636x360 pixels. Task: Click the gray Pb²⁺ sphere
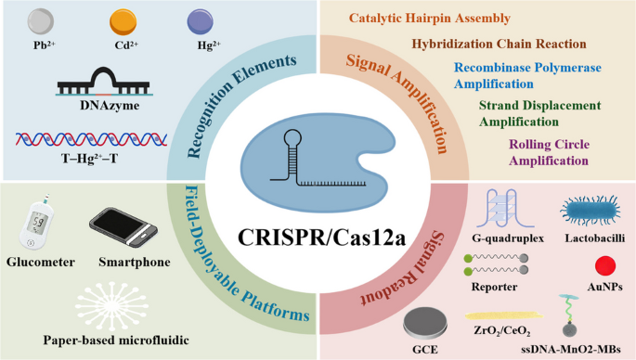tap(41, 22)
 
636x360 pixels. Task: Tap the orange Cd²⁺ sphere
tap(123, 22)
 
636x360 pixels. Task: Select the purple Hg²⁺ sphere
tap(200, 22)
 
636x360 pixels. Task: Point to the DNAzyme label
tap(110, 106)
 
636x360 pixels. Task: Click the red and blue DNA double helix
tap(92, 139)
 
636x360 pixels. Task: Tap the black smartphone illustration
tap(123, 227)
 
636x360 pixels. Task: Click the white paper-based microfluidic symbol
tap(111, 306)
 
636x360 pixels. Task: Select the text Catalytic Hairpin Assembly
tap(430, 19)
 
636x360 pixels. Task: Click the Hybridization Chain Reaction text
tap(499, 44)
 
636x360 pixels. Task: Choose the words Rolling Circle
tap(550, 145)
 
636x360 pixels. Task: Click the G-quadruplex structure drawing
tap(505, 209)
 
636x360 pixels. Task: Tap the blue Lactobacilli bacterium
tap(591, 211)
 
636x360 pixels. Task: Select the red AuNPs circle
tap(605, 266)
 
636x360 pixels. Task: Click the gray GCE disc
tap(424, 325)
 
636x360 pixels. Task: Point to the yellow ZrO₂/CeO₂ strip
tap(504, 315)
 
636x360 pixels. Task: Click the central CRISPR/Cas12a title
tap(321, 238)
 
